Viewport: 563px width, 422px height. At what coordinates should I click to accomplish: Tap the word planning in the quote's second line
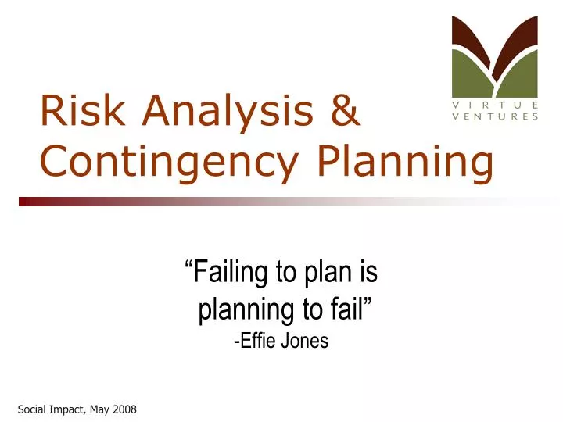246,310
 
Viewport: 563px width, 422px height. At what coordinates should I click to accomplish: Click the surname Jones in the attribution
307,342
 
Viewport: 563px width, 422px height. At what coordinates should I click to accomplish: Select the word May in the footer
98,409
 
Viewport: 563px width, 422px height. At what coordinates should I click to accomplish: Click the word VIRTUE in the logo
495,105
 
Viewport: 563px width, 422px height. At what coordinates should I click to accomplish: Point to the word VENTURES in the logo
495,116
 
